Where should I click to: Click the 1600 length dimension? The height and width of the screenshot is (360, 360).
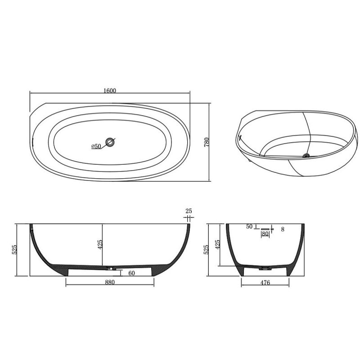pyautogui.click(x=110, y=90)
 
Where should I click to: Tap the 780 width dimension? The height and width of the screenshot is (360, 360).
pyautogui.click(x=207, y=142)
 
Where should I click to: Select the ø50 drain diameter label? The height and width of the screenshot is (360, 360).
pyautogui.click(x=96, y=146)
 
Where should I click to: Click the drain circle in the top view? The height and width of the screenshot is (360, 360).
pyautogui.click(x=110, y=142)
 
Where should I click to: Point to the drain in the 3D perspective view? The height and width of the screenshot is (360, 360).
pyautogui.click(x=306, y=155)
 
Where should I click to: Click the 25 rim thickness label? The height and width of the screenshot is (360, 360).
pyautogui.click(x=189, y=211)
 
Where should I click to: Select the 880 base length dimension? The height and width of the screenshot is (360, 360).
pyautogui.click(x=110, y=282)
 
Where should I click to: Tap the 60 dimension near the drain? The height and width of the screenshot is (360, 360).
pyautogui.click(x=131, y=273)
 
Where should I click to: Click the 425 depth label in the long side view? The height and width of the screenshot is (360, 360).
pyautogui.click(x=100, y=245)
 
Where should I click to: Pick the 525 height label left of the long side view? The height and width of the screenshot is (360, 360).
pyautogui.click(x=14, y=250)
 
